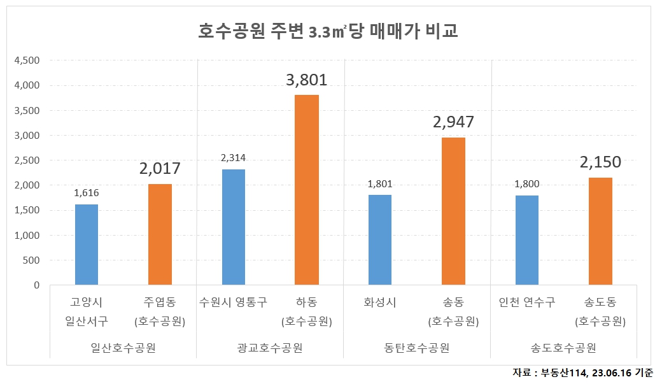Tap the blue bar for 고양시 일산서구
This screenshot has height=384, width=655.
87,245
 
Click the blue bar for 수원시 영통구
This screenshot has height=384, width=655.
234,227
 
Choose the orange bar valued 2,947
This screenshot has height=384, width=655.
453,211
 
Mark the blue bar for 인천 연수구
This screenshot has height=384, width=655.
527,240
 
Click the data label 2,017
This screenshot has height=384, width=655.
160,169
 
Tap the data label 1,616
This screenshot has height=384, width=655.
87,193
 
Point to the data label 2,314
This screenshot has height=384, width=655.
234,158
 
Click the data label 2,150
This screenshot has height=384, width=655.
600,162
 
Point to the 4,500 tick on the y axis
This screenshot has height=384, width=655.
27,60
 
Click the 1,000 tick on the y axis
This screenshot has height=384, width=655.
27,236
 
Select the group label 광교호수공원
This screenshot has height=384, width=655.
270,348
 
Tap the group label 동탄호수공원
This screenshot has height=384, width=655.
417,348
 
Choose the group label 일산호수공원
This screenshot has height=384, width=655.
123,348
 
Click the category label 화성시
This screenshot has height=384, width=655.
380,302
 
